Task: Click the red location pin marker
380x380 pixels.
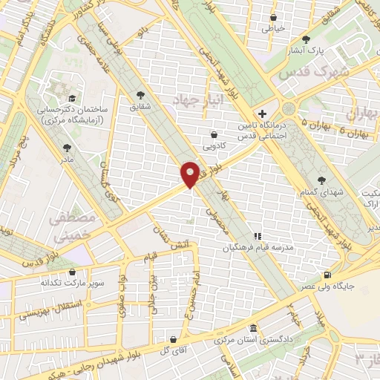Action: click(x=189, y=174)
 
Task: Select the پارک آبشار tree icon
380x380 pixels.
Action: click(x=306, y=39)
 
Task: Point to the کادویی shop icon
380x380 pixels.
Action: click(x=214, y=134)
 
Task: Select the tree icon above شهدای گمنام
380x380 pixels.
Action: click(x=321, y=180)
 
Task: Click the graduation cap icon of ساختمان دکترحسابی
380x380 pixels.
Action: click(x=71, y=97)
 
